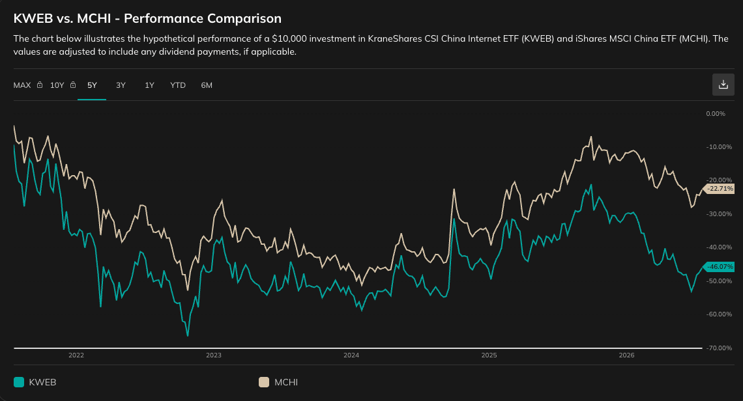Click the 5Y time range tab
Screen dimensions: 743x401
92,85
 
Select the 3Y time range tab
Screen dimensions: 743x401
121,85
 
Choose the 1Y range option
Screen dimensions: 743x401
149,85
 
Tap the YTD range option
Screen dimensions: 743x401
178,85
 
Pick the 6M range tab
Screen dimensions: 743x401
207,85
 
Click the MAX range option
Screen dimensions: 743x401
22,85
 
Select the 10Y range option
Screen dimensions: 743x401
57,85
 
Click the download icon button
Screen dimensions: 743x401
723,84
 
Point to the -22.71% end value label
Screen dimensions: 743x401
720,188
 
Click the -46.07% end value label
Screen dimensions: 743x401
720,266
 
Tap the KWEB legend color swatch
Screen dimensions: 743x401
19,382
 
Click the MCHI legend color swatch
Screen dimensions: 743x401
264,382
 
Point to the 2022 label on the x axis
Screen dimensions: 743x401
76,355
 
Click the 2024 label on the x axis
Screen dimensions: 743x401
351,355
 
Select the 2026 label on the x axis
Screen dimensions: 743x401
626,355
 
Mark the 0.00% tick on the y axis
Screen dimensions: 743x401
716,114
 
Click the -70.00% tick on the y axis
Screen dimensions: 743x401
719,348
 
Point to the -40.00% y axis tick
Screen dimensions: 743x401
719,247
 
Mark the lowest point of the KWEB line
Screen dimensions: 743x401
188,336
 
